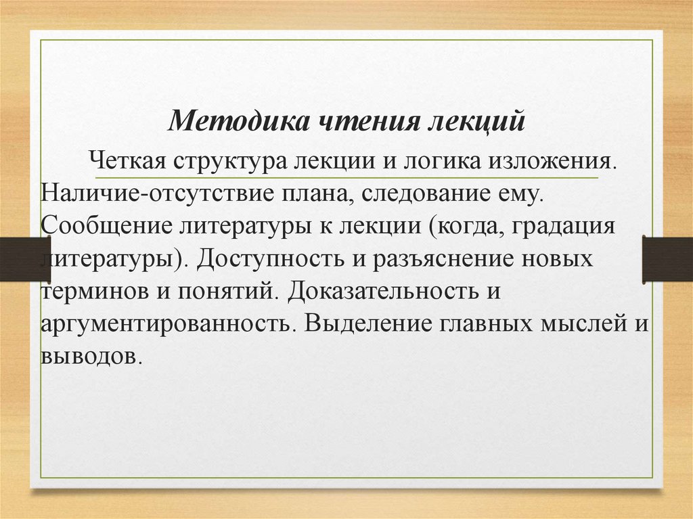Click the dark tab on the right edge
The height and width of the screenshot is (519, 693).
[667, 259]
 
